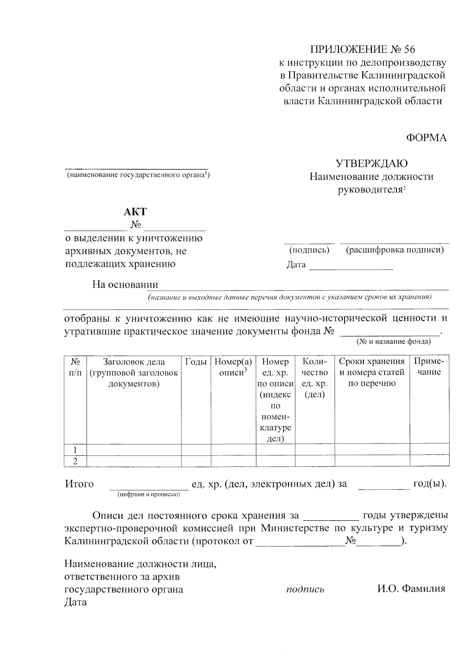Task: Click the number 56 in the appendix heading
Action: pos(408,49)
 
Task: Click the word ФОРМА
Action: pos(426,138)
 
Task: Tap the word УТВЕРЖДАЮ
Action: pos(371,163)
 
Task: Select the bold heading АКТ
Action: pos(135,212)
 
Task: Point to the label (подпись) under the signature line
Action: pos(309,250)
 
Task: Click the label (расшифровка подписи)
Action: pos(394,250)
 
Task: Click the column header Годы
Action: pos(196,362)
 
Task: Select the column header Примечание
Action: pos(429,367)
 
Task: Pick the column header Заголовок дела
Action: pos(133,362)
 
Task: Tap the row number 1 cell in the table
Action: pos(75,450)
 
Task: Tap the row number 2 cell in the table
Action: pos(75,461)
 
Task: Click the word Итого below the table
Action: pos(79,484)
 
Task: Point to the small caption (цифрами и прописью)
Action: pos(148,495)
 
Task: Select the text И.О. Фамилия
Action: pos(411,589)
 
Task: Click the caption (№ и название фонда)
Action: pos(393,342)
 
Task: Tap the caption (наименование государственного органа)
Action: pos(138,175)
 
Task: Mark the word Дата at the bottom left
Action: pos(75,602)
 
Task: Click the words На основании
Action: pos(125,285)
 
